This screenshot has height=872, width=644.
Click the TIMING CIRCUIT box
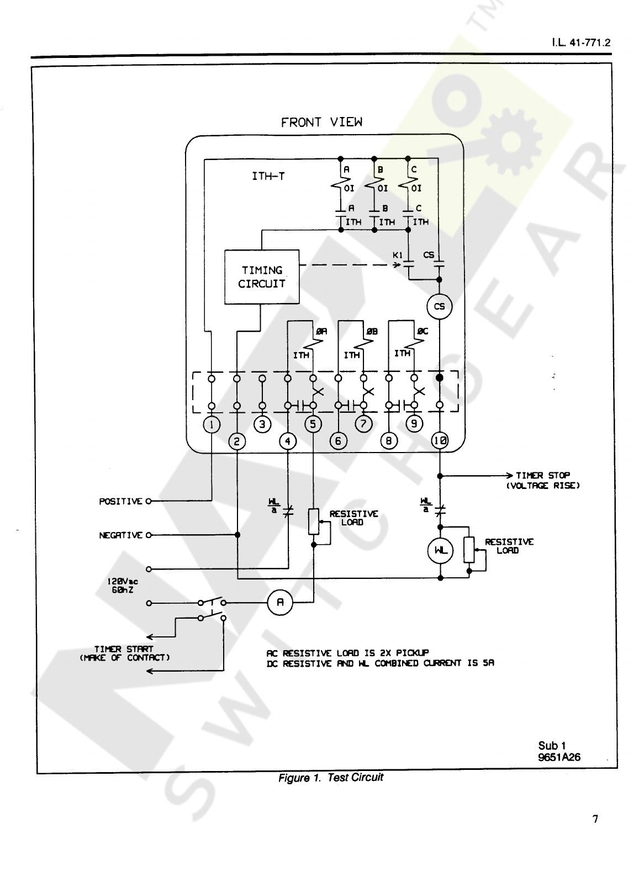click(x=262, y=277)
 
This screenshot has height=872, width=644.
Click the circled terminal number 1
click(x=212, y=424)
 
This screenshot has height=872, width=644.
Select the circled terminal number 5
click(x=313, y=424)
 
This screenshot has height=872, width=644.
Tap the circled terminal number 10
click(x=440, y=440)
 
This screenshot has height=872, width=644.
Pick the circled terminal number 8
click(x=389, y=441)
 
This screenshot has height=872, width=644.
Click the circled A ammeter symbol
click(x=280, y=603)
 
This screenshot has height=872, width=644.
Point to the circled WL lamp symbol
click(x=440, y=551)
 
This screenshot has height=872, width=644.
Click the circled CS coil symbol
click(x=440, y=306)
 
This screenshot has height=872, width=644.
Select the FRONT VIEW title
click(x=321, y=122)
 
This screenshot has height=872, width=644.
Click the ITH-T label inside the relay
click(x=268, y=177)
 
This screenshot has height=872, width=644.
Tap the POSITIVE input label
click(x=120, y=501)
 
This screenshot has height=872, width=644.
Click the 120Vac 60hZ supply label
click(x=123, y=586)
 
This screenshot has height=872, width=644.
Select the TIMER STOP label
click(x=543, y=475)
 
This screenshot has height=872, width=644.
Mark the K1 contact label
click(x=398, y=255)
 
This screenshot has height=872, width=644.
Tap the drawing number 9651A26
click(x=559, y=757)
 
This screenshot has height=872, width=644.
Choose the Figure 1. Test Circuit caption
click(x=330, y=778)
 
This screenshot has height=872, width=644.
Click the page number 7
click(x=595, y=819)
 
